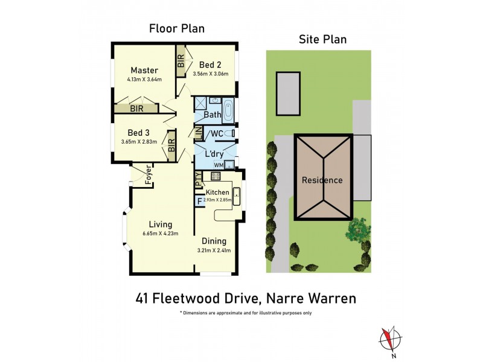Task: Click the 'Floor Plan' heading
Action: (x=177, y=28)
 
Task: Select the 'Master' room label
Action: (x=144, y=71)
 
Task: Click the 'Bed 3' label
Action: (x=139, y=133)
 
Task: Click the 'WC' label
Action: (x=216, y=133)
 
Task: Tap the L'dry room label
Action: (x=215, y=154)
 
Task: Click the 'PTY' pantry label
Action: (x=197, y=179)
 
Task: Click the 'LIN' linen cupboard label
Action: (x=197, y=132)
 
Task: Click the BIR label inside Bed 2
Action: (x=181, y=61)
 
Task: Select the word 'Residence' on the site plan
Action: (x=322, y=180)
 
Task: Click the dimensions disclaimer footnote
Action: (x=245, y=313)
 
